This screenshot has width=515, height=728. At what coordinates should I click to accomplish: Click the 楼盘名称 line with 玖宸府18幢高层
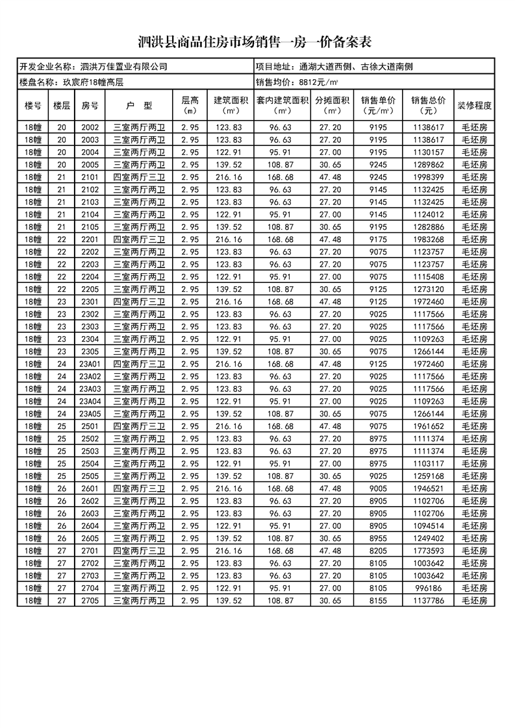[x=68, y=82]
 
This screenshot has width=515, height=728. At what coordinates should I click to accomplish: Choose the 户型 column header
[x=139, y=105]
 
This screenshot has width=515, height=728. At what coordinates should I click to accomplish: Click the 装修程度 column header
[x=475, y=105]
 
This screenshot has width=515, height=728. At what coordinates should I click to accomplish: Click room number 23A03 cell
[x=90, y=389]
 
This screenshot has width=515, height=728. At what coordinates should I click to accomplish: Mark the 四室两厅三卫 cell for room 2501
[x=139, y=426]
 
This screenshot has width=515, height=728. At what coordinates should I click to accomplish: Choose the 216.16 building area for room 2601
[x=229, y=489]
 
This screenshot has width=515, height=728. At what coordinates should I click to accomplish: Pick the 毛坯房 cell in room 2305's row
[x=475, y=351]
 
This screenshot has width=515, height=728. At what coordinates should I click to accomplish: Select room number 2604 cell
[x=90, y=526]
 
